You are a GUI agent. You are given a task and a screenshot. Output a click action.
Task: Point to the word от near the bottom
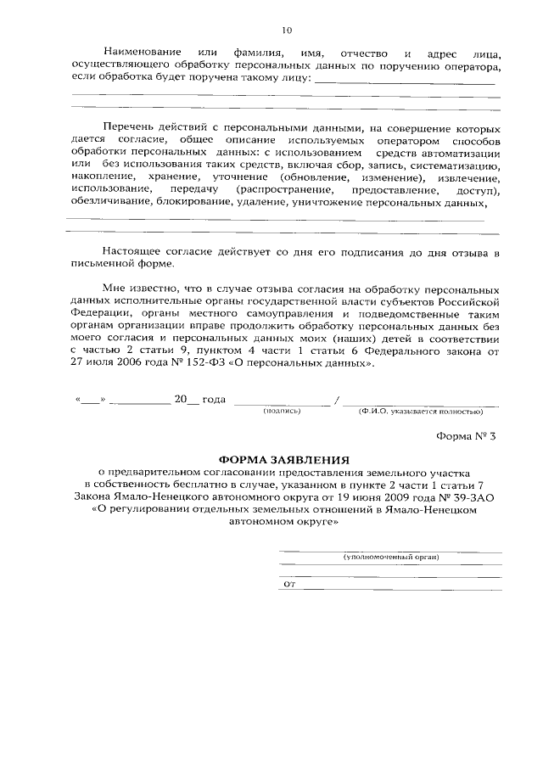288,584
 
